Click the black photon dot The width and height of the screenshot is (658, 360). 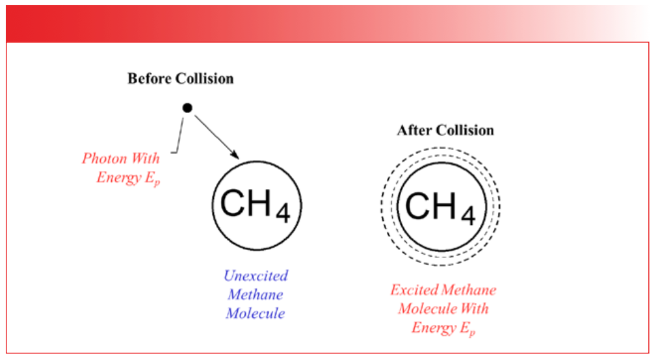click(187, 108)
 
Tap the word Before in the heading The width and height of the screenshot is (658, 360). click(150, 79)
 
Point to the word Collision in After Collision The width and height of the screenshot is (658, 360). click(465, 130)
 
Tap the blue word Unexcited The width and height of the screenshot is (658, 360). click(256, 276)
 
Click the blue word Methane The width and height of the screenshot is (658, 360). click(256, 294)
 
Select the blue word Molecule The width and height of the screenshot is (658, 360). click(256, 313)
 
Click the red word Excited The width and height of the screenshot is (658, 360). click(414, 290)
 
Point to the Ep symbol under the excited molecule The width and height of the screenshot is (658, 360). click(467, 328)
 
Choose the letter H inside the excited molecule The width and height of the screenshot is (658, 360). click(444, 205)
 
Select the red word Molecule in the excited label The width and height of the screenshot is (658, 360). click(424, 309)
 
